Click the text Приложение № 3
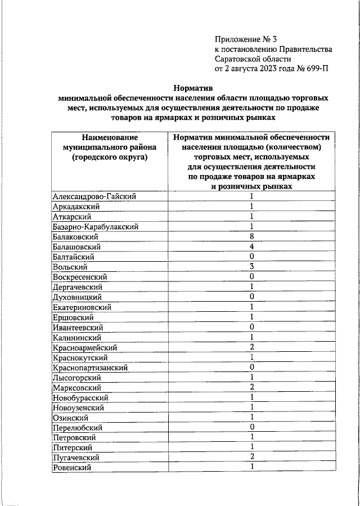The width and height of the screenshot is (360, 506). [246, 39]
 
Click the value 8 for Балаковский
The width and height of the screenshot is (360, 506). [252, 236]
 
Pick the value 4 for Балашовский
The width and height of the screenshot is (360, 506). [252, 247]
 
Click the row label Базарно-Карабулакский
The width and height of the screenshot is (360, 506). [95, 226]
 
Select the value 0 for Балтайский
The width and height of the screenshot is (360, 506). [252, 257]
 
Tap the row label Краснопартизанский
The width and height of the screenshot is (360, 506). [90, 367]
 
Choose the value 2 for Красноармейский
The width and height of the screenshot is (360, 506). [252, 347]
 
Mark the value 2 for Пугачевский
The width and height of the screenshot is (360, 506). [252, 457]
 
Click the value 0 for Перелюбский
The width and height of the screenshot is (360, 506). [252, 427]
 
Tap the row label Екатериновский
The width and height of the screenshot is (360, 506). [82, 307]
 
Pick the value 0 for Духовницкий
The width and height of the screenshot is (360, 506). [252, 297]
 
